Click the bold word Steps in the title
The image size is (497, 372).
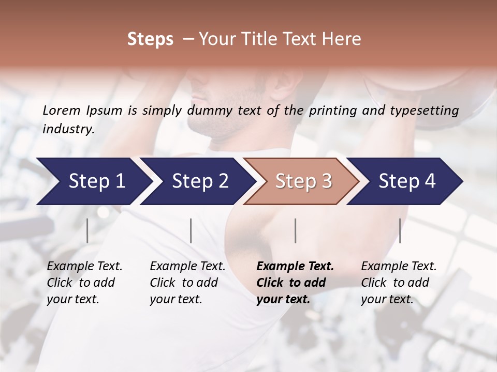coord(150,39)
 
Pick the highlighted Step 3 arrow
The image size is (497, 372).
coord(303,181)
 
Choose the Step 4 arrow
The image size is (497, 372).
coord(407,181)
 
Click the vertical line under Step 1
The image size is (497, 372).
coord(87,230)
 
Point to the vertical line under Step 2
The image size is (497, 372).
coord(191,230)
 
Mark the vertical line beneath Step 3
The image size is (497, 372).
coord(295,230)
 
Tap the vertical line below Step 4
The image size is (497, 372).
coord(400,230)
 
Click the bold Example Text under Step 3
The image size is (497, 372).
coord(295,267)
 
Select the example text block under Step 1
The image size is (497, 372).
coord(84,283)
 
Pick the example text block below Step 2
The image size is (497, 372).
coord(187,283)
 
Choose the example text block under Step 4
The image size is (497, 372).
coord(399,283)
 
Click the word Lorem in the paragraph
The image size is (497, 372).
coord(62,110)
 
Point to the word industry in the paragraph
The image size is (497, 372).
coord(68,129)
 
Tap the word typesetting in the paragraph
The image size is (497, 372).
coord(429,111)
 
